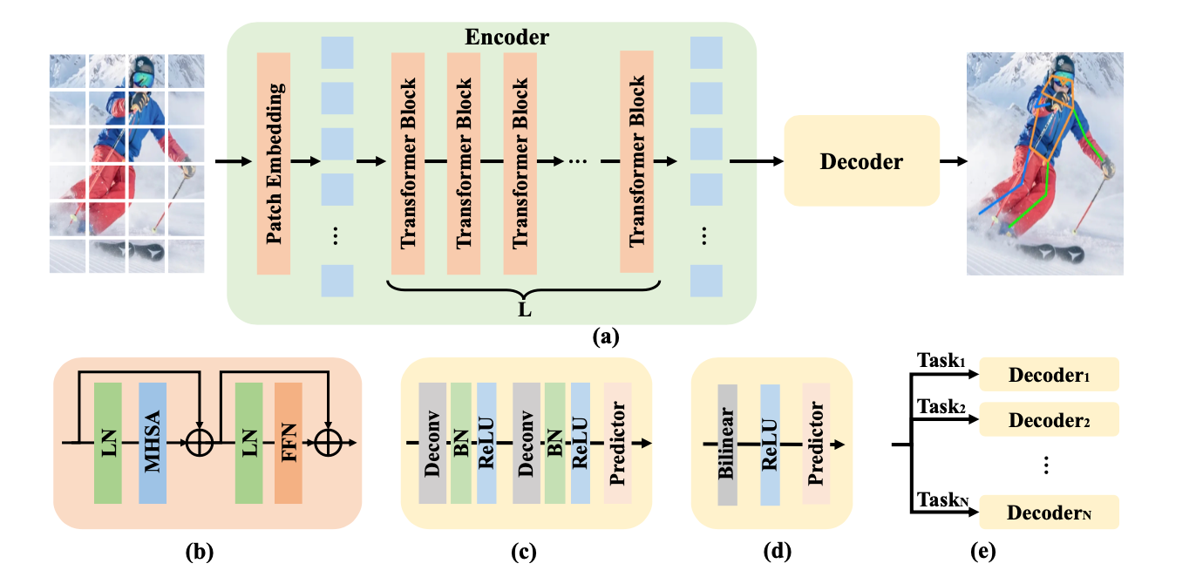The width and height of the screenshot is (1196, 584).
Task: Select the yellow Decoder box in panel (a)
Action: point(861,161)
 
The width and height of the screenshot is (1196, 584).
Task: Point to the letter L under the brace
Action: point(524,309)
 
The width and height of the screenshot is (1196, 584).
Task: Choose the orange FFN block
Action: point(288,443)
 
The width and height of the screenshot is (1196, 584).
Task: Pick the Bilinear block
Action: point(727,443)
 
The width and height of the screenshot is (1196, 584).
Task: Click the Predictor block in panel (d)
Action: point(816,443)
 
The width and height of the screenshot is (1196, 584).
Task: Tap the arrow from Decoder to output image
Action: point(953,161)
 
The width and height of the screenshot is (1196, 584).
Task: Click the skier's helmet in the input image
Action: point(140,67)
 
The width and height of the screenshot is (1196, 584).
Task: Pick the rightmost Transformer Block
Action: point(636,162)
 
